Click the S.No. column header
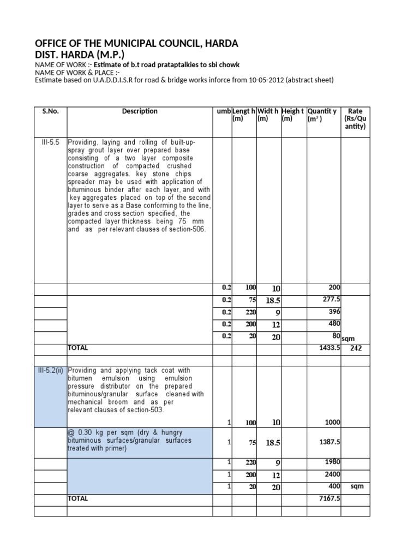tap(50, 111)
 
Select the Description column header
tap(140, 111)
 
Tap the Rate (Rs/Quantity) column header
tap(355, 119)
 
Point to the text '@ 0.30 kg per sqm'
tap(97, 432)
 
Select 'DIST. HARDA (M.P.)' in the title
tap(80, 55)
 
